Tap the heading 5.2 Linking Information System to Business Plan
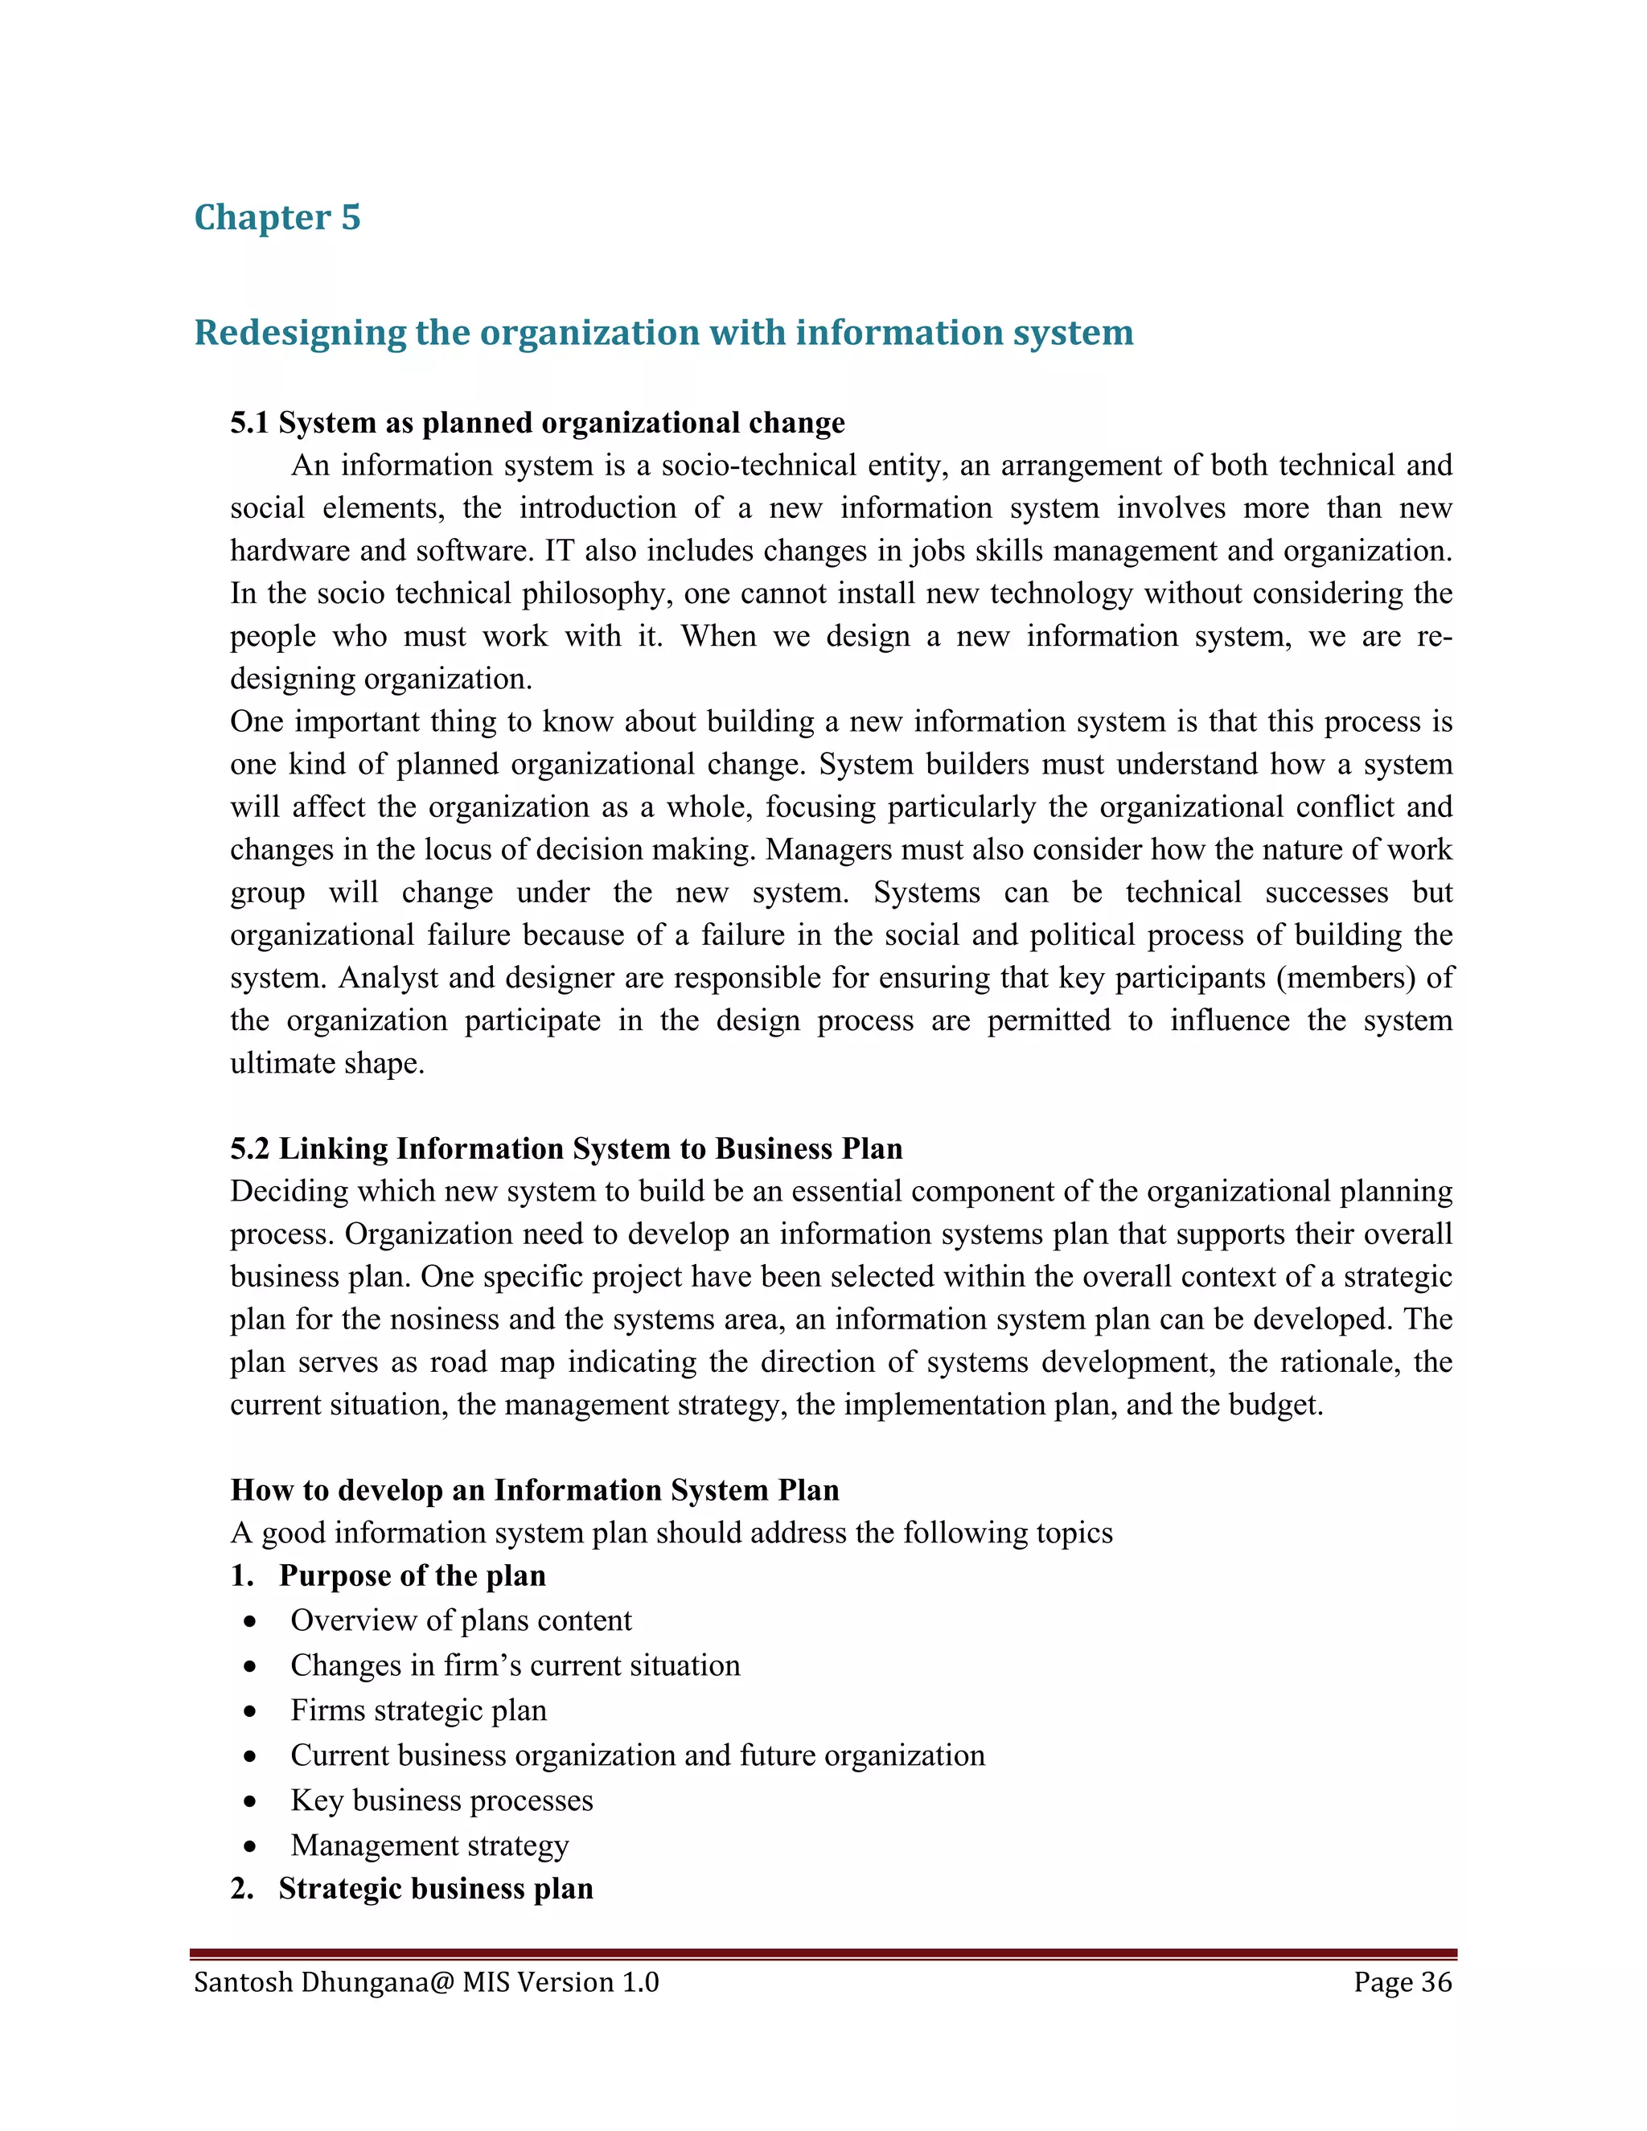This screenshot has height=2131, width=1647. click(566, 1148)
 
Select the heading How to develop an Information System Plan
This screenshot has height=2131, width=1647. click(535, 1490)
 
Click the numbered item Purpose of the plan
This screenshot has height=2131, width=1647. click(412, 1576)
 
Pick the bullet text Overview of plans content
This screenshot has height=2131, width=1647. click(461, 1620)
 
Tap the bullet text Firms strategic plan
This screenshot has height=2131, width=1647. click(418, 1710)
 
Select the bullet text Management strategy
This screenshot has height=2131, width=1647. click(429, 1845)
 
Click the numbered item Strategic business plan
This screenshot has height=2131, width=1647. click(435, 1888)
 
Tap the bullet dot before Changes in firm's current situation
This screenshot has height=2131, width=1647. click(251, 1666)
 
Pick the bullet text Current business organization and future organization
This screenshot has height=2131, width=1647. click(637, 1755)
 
